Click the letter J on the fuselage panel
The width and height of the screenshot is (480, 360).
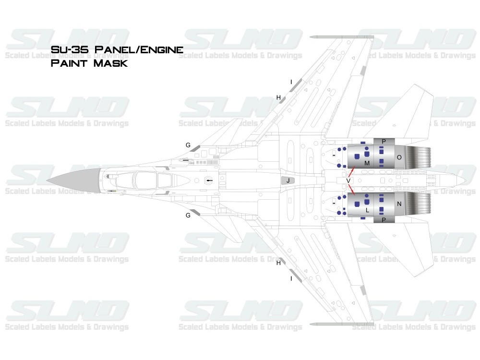288,180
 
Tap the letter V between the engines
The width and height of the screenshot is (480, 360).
348,180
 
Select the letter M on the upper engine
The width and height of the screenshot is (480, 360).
367,164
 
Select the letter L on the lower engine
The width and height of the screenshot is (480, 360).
367,210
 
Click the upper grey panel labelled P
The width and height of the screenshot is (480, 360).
383,141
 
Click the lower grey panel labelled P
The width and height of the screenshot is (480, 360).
383,220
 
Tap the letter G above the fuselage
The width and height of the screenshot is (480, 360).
188,144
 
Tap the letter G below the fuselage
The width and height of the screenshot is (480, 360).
188,215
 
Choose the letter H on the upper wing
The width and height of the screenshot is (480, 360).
278,97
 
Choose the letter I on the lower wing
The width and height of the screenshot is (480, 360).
291,278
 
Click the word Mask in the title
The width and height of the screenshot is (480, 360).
108,63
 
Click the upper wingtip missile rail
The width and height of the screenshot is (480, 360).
341,37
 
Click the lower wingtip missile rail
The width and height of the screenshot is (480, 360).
341,324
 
